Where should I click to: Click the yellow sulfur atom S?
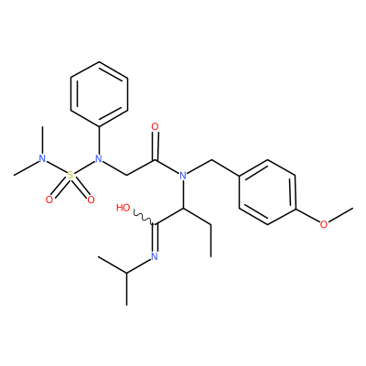click(x=70, y=176)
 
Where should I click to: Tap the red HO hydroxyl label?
click(x=124, y=208)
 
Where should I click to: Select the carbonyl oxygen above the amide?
click(x=155, y=126)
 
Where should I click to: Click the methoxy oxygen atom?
click(x=324, y=224)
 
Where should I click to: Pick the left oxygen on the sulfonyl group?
click(x=49, y=199)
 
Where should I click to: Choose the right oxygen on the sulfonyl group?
click(x=91, y=199)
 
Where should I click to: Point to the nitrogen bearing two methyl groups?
click(x=42, y=158)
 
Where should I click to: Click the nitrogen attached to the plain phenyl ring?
click(x=98, y=158)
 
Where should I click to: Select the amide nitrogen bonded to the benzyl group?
click(x=183, y=176)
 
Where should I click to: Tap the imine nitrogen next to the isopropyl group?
click(x=155, y=256)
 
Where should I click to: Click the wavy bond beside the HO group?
click(x=145, y=217)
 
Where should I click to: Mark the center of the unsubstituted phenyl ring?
click(x=99, y=94)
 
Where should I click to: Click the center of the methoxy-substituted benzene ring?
click(x=267, y=192)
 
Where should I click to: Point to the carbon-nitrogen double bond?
click(x=155, y=238)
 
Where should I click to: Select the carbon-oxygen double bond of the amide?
click(x=156, y=145)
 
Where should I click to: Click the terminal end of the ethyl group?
click(x=211, y=256)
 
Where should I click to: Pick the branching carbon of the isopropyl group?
click(x=126, y=272)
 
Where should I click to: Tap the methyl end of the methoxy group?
click(x=352, y=209)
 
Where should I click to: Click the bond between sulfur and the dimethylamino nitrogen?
click(x=57, y=167)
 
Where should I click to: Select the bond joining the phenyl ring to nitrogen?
click(x=99, y=140)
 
